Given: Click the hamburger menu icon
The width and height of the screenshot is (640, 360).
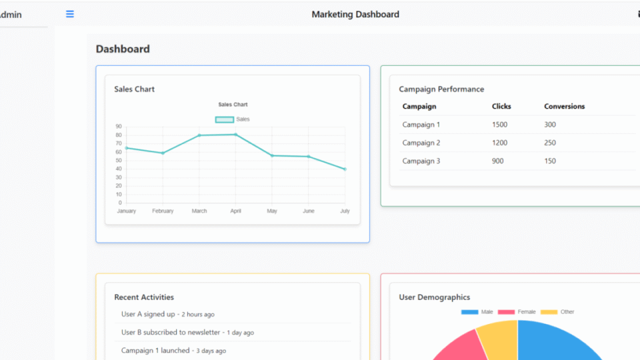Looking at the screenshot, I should point(70,14).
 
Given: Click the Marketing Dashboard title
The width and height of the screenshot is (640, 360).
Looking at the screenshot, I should point(355,14).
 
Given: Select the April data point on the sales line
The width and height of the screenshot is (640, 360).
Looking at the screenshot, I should point(235,135).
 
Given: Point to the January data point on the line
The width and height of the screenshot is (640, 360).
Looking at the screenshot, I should point(127,148).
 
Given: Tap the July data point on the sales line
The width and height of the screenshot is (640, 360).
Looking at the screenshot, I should point(345,169).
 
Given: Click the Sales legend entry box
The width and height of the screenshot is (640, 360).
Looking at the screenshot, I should point(225,119).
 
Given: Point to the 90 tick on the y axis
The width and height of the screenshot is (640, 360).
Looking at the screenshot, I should point(119,127).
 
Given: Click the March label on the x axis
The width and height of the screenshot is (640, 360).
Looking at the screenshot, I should point(199,211).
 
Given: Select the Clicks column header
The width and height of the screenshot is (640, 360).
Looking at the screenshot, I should point(501,107).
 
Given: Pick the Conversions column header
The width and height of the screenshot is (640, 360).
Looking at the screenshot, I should point(564,107).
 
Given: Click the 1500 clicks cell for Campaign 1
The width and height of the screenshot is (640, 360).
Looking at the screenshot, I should point(499,125).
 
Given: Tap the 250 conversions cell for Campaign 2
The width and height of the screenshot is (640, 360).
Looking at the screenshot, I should point(550,143).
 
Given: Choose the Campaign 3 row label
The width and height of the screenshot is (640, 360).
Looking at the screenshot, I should point(421,161).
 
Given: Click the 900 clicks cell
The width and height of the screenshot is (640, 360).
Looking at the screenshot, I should point(497,161).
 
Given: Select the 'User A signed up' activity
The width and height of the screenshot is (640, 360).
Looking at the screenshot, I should point(148,314).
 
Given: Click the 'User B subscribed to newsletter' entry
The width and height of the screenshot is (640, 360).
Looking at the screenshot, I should point(171,332).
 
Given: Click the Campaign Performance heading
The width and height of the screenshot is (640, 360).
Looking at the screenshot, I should point(441,89).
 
